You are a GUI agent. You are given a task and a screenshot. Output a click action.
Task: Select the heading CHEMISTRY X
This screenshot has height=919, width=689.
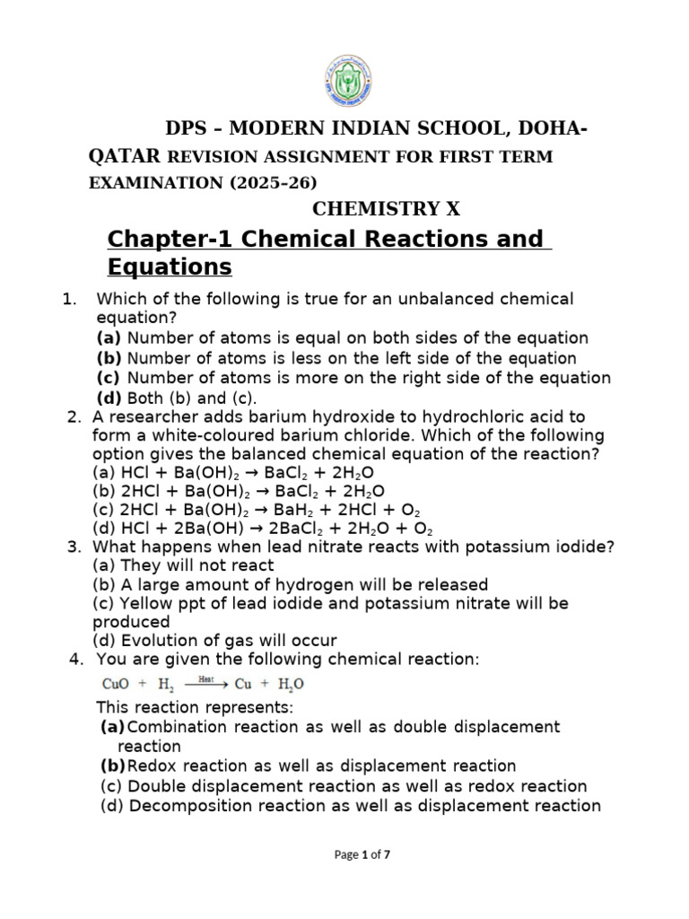tap(386, 209)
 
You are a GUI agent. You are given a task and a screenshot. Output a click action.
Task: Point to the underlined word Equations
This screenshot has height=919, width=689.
tap(169, 267)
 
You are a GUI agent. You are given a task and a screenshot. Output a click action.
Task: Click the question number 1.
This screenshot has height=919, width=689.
tap(68, 299)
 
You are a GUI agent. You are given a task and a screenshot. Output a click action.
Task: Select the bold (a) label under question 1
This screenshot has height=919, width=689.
tap(109, 338)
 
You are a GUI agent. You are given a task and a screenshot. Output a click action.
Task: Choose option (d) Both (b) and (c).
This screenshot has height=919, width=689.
tap(176, 398)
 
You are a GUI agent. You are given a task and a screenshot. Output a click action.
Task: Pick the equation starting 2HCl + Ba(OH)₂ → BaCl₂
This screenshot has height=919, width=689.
tap(239, 491)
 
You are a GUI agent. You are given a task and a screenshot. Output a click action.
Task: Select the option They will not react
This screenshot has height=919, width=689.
tap(184, 565)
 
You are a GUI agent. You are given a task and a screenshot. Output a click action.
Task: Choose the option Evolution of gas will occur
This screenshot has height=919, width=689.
tap(215, 641)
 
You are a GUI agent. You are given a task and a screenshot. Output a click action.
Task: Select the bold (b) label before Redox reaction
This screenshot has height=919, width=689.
tap(112, 766)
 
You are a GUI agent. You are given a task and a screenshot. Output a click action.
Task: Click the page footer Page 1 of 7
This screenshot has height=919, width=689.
tap(362, 855)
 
